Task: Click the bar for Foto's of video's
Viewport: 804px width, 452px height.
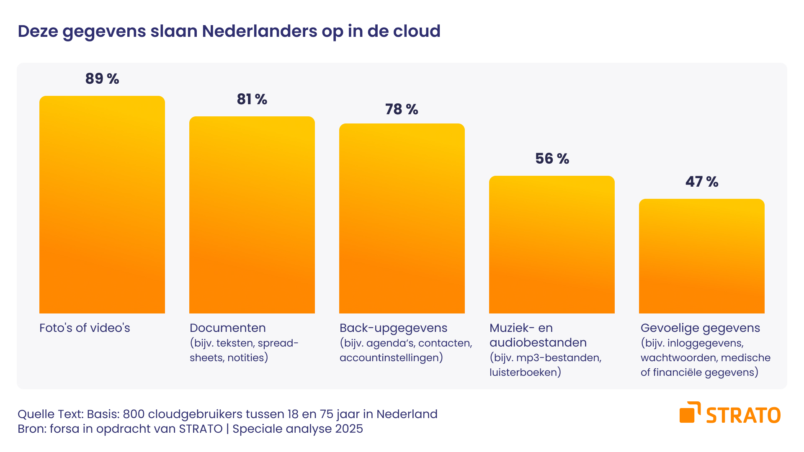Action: (x=102, y=205)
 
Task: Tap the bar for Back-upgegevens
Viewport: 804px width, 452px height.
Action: (x=402, y=218)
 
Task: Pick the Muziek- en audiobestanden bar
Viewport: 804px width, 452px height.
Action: (x=552, y=244)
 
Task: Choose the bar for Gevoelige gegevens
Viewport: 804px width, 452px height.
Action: (x=702, y=256)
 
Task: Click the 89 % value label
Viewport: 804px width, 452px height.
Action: (x=102, y=79)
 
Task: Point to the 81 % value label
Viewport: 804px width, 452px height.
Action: (x=252, y=99)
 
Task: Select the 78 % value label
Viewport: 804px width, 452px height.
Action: (x=402, y=109)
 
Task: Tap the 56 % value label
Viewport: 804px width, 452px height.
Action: (x=552, y=159)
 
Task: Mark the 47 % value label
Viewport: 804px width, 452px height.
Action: (x=702, y=182)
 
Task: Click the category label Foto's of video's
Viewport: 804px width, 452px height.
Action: (x=85, y=328)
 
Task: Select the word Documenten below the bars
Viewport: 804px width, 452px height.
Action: (x=228, y=328)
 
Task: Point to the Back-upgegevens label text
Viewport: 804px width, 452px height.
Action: (x=393, y=328)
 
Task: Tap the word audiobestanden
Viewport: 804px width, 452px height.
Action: (x=538, y=342)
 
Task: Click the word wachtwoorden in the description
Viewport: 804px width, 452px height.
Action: (x=679, y=357)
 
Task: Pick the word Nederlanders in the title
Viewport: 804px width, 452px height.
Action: (x=260, y=31)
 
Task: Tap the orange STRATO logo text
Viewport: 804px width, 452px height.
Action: (x=743, y=416)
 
